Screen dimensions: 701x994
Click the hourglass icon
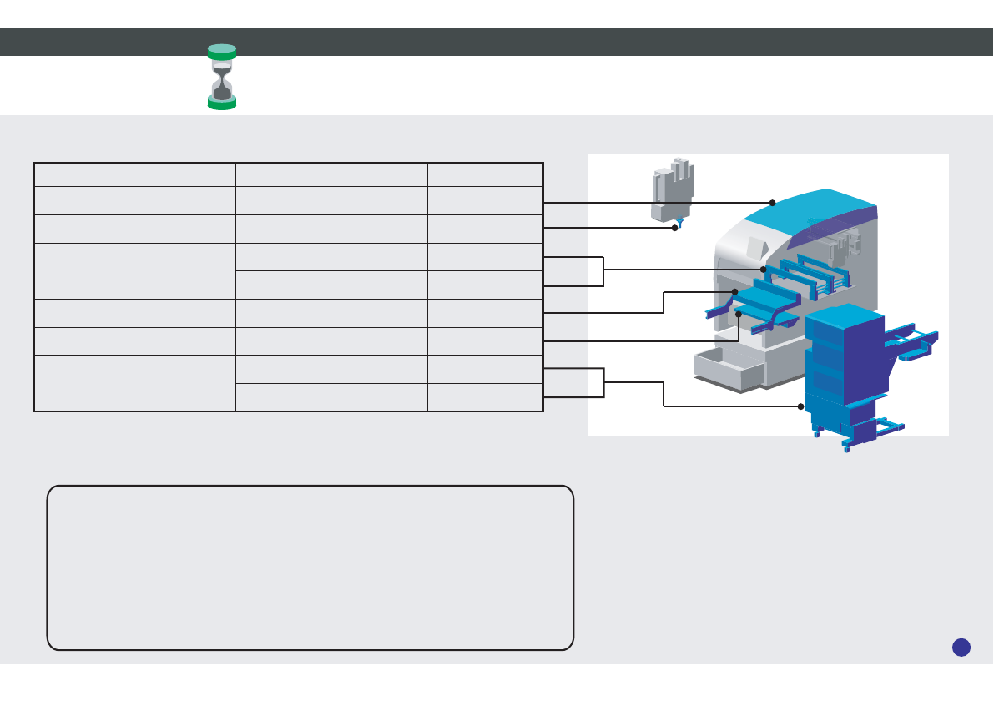click(x=222, y=77)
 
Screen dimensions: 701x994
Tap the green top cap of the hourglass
click(x=222, y=50)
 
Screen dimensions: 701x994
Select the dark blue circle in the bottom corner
click(x=961, y=647)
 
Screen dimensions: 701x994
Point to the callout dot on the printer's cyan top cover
click(x=773, y=203)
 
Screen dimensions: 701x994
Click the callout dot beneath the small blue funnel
click(x=674, y=228)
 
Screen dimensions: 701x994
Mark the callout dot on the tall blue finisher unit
click(x=800, y=406)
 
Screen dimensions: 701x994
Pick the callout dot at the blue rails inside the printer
click(x=764, y=270)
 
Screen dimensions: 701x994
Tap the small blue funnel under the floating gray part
click(x=679, y=221)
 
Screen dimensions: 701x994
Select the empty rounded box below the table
click(x=310, y=567)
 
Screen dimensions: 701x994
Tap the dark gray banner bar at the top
click(x=497, y=42)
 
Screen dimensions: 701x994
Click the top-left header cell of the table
click(x=134, y=174)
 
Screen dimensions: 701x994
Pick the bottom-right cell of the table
click(x=485, y=397)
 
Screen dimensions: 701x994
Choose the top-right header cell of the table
click(x=485, y=174)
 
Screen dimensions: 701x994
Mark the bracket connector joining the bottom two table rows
click(x=603, y=382)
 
